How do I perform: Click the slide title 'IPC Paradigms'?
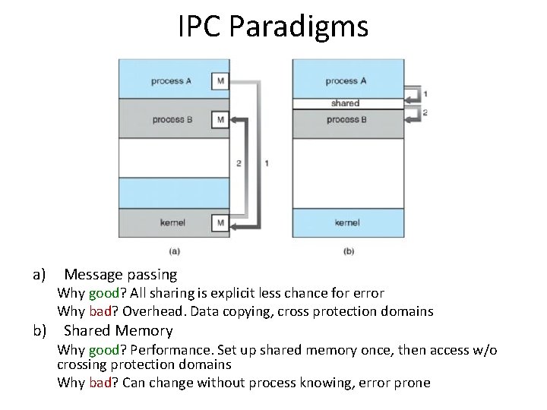tap(273, 27)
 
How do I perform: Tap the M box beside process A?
tap(220, 80)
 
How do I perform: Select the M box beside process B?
tap(220, 119)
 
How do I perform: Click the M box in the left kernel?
tap(220, 222)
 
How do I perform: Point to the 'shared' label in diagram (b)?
tap(345, 103)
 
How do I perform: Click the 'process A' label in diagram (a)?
tap(172, 81)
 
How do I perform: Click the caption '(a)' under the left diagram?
tap(174, 250)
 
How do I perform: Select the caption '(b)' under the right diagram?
tap(348, 250)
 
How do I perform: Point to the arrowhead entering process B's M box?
tap(235, 119)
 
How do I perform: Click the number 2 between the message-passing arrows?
tap(239, 163)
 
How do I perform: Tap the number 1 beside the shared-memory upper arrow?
tap(425, 94)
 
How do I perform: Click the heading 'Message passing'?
tap(120, 274)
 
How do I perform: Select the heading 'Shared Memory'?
tap(118, 330)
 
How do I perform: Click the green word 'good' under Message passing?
tap(103, 293)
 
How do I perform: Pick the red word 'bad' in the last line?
tap(100, 383)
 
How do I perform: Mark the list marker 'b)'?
tap(39, 330)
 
